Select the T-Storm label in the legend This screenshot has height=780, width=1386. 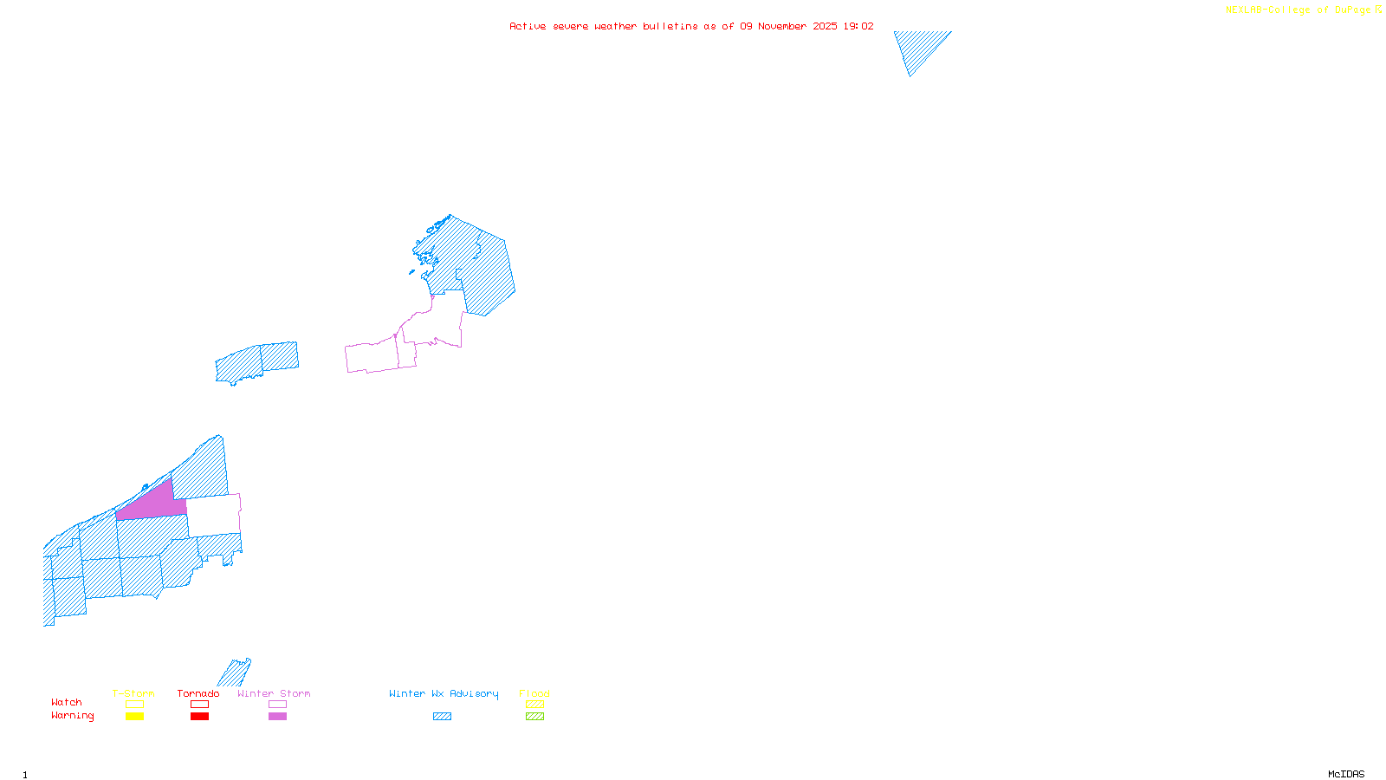click(133, 693)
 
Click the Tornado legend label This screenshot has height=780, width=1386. click(198, 693)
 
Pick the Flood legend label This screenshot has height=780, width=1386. click(534, 693)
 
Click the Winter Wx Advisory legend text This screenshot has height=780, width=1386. click(444, 693)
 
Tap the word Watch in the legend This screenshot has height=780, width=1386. click(67, 702)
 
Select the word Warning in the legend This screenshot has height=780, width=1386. click(73, 716)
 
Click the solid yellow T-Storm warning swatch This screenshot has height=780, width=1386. click(134, 717)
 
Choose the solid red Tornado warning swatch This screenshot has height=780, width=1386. click(199, 717)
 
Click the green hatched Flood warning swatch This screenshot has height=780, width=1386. click(534, 717)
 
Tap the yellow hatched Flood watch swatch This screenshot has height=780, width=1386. click(534, 705)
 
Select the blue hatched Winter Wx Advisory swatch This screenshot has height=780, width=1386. click(442, 717)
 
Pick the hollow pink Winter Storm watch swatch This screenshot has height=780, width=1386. click(277, 705)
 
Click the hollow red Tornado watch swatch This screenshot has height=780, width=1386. click(199, 705)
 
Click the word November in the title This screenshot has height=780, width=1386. click(782, 26)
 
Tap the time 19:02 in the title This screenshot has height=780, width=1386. click(858, 26)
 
